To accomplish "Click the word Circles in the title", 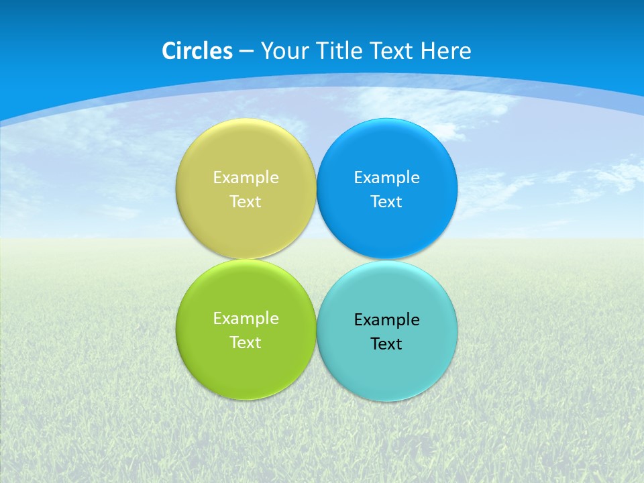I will tap(197, 51).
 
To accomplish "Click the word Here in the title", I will tap(445, 51).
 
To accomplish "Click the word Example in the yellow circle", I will tap(246, 178).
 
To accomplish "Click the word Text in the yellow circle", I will tap(246, 202).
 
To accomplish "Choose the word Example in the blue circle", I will tap(387, 178).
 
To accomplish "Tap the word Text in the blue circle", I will tap(387, 202).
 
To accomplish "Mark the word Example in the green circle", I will tap(246, 319).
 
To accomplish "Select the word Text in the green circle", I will tap(246, 343).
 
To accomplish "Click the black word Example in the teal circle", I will tap(387, 320).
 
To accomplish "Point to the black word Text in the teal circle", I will tap(387, 344).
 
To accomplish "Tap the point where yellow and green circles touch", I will tap(246, 259).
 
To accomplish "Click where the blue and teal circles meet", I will tap(387, 260).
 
